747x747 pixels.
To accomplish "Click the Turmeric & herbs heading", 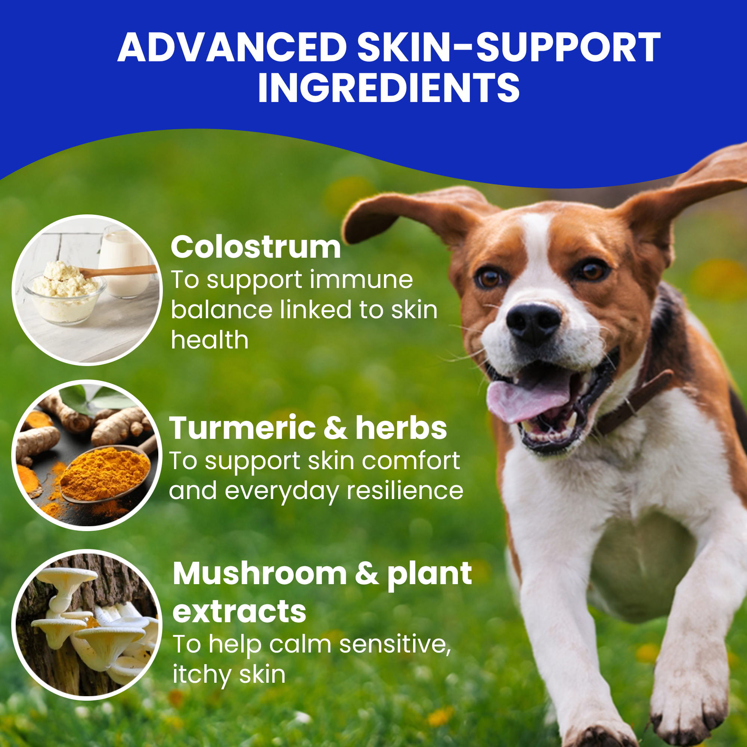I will click(308, 428).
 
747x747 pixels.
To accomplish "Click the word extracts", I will click(239, 612).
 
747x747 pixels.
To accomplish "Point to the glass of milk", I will click(124, 263).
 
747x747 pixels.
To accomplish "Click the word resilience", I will click(405, 491).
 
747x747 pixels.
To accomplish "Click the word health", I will click(210, 340).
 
